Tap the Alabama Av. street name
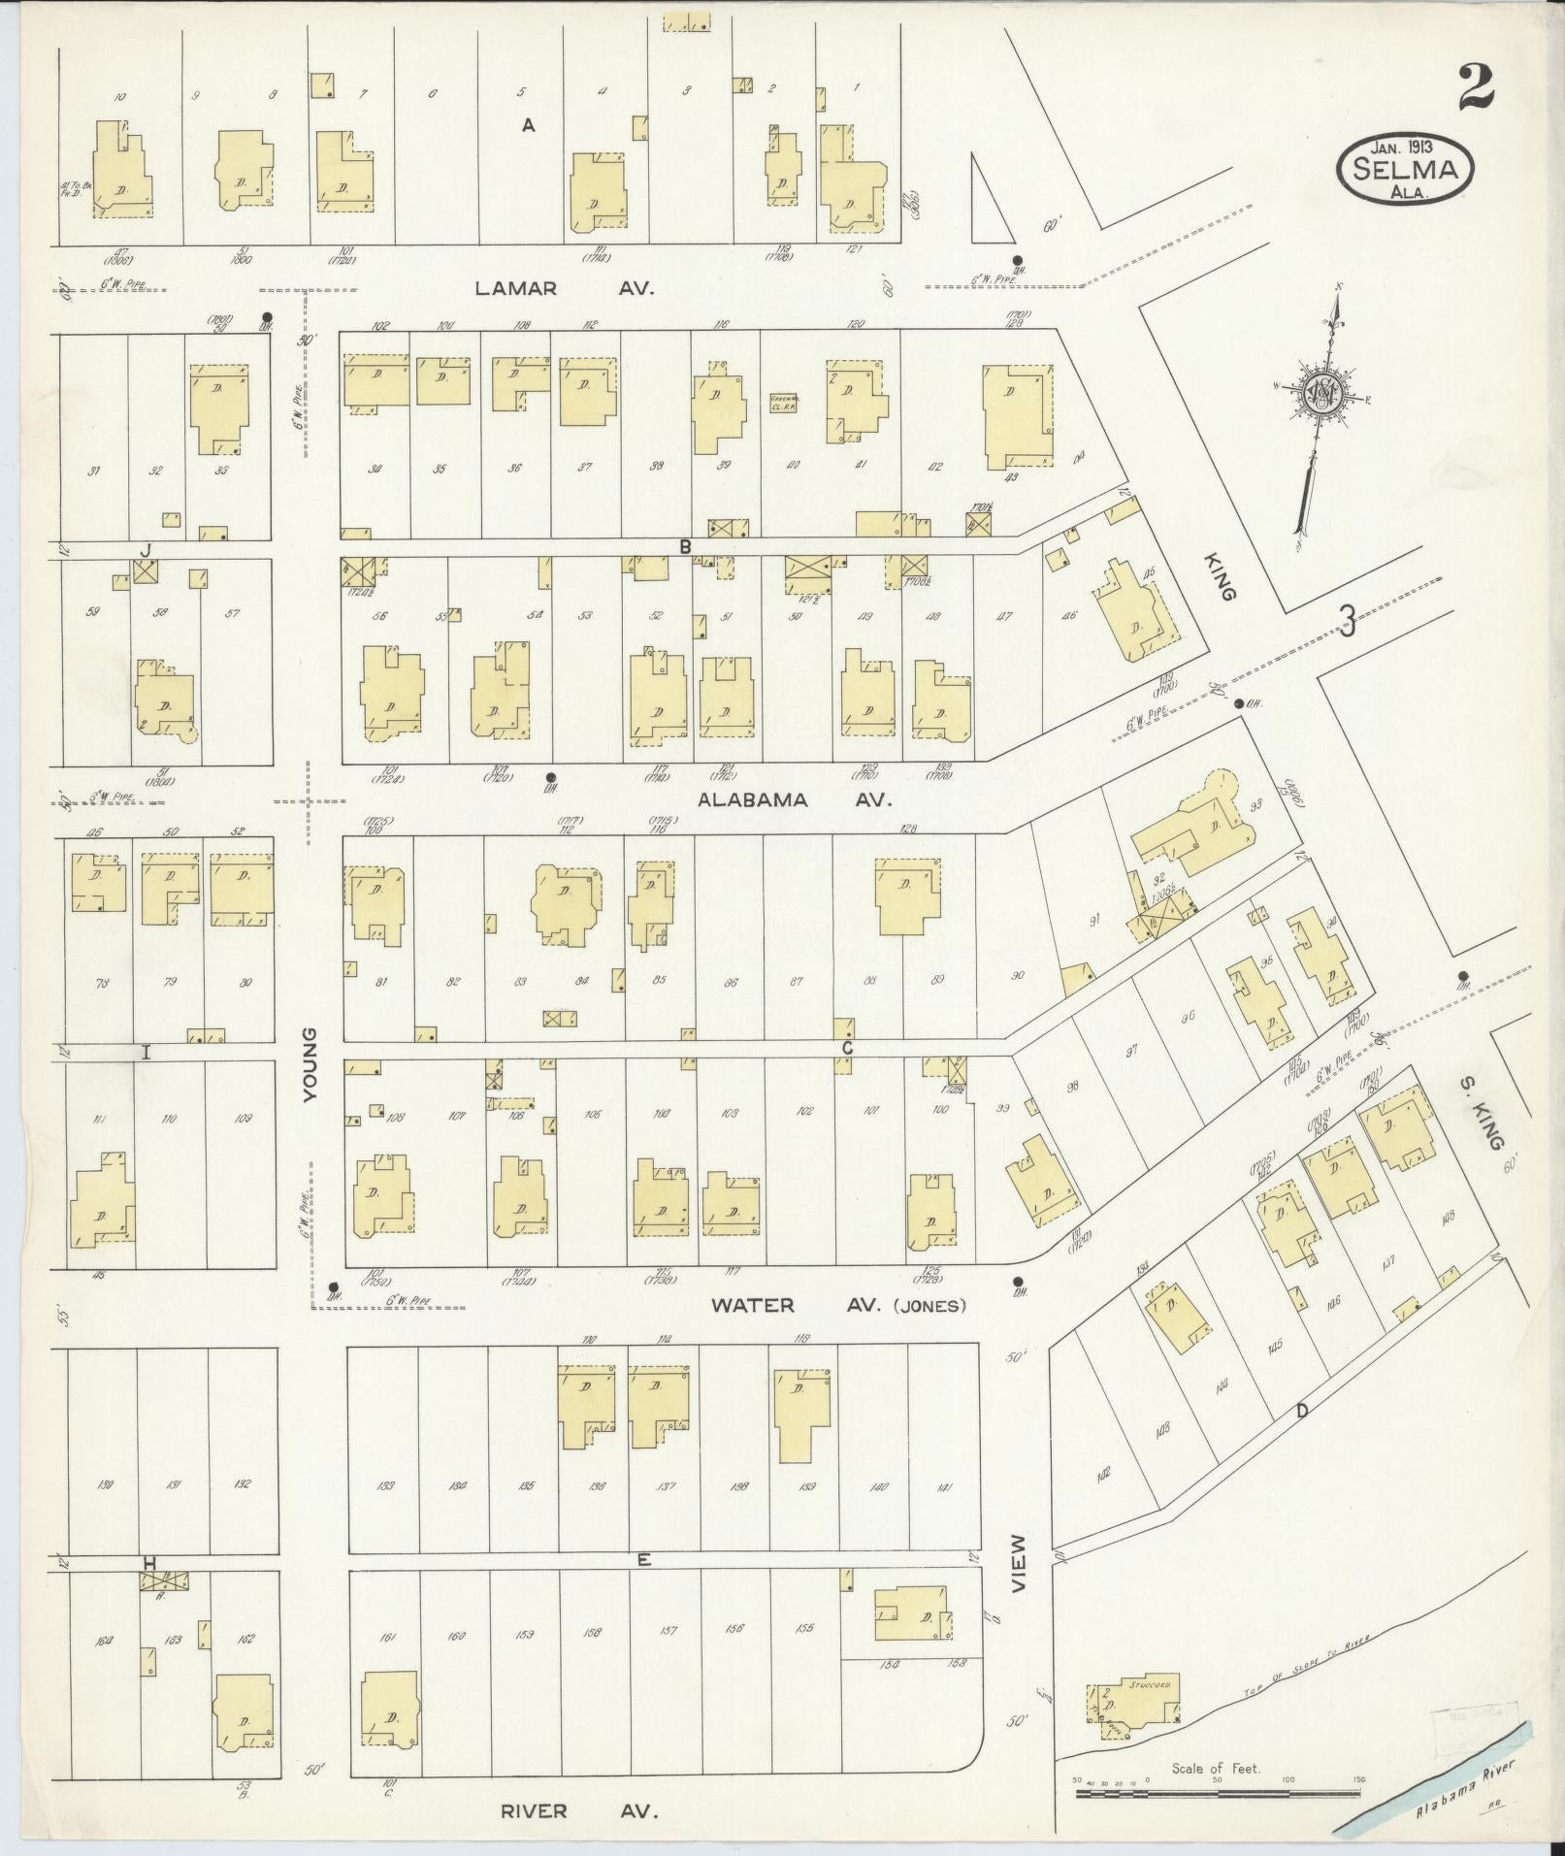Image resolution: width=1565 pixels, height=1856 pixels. [x=794, y=800]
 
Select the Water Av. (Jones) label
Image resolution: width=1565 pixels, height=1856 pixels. [x=838, y=1305]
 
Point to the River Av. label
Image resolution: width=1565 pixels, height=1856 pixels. [x=579, y=1811]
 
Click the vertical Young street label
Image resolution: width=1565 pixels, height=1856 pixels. [x=310, y=1065]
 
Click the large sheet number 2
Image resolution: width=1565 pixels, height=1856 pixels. [x=1474, y=88]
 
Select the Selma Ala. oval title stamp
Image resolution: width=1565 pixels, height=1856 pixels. [x=1406, y=169]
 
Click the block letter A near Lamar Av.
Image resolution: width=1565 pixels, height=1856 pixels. [x=529, y=124]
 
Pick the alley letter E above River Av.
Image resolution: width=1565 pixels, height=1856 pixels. [x=643, y=1560]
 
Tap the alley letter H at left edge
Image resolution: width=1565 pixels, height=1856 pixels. [x=149, y=1563]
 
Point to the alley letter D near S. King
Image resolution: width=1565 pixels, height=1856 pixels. [x=1301, y=1411]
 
